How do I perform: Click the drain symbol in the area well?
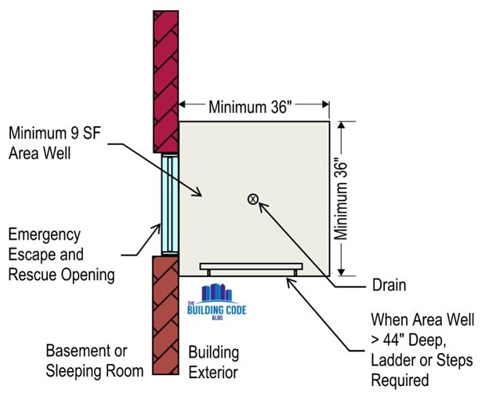[253, 199]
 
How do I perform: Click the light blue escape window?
[170, 204]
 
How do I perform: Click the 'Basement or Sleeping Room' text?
[86, 361]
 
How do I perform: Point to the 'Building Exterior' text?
[214, 362]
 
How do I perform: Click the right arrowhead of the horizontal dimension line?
[323, 105]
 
